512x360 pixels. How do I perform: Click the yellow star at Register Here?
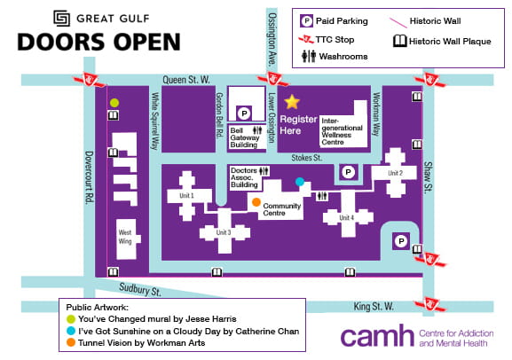pyautogui.click(x=292, y=102)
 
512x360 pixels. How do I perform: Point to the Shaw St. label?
pyautogui.click(x=429, y=178)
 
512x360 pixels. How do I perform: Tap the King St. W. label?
pyautogui.click(x=374, y=306)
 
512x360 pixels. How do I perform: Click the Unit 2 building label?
pyautogui.click(x=395, y=173)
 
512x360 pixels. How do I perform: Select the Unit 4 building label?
pyautogui.click(x=346, y=217)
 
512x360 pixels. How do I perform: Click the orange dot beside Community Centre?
pyautogui.click(x=256, y=204)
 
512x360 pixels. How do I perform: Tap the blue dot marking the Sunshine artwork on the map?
pyautogui.click(x=300, y=182)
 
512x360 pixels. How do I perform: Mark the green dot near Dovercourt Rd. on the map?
pyautogui.click(x=114, y=103)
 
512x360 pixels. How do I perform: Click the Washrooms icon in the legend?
pyautogui.click(x=306, y=56)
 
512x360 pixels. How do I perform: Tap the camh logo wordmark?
pyautogui.click(x=377, y=337)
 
